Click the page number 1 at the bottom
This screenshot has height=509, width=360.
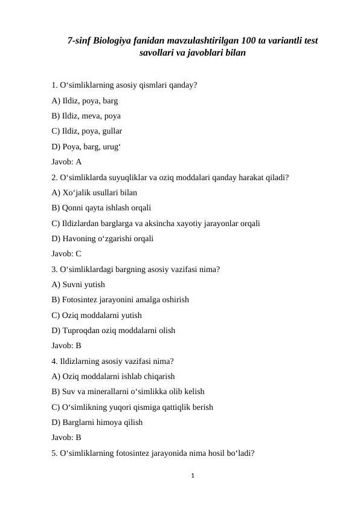(x=192, y=476)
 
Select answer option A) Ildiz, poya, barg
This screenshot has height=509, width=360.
(x=85, y=100)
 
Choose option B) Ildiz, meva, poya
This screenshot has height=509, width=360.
(x=86, y=115)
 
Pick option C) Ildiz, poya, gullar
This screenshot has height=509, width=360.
(x=87, y=131)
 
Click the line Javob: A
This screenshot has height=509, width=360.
(x=66, y=161)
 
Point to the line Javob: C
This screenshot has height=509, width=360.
(x=66, y=254)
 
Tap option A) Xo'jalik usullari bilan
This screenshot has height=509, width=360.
(x=94, y=192)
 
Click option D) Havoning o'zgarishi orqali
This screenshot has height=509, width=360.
(x=102, y=238)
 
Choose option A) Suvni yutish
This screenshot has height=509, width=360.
(x=79, y=284)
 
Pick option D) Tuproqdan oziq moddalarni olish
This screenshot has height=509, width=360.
(x=114, y=330)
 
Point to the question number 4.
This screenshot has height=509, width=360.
(x=54, y=361)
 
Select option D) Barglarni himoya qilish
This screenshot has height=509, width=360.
(x=97, y=423)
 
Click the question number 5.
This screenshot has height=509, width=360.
(x=54, y=453)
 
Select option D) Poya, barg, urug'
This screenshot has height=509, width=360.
(x=85, y=146)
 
